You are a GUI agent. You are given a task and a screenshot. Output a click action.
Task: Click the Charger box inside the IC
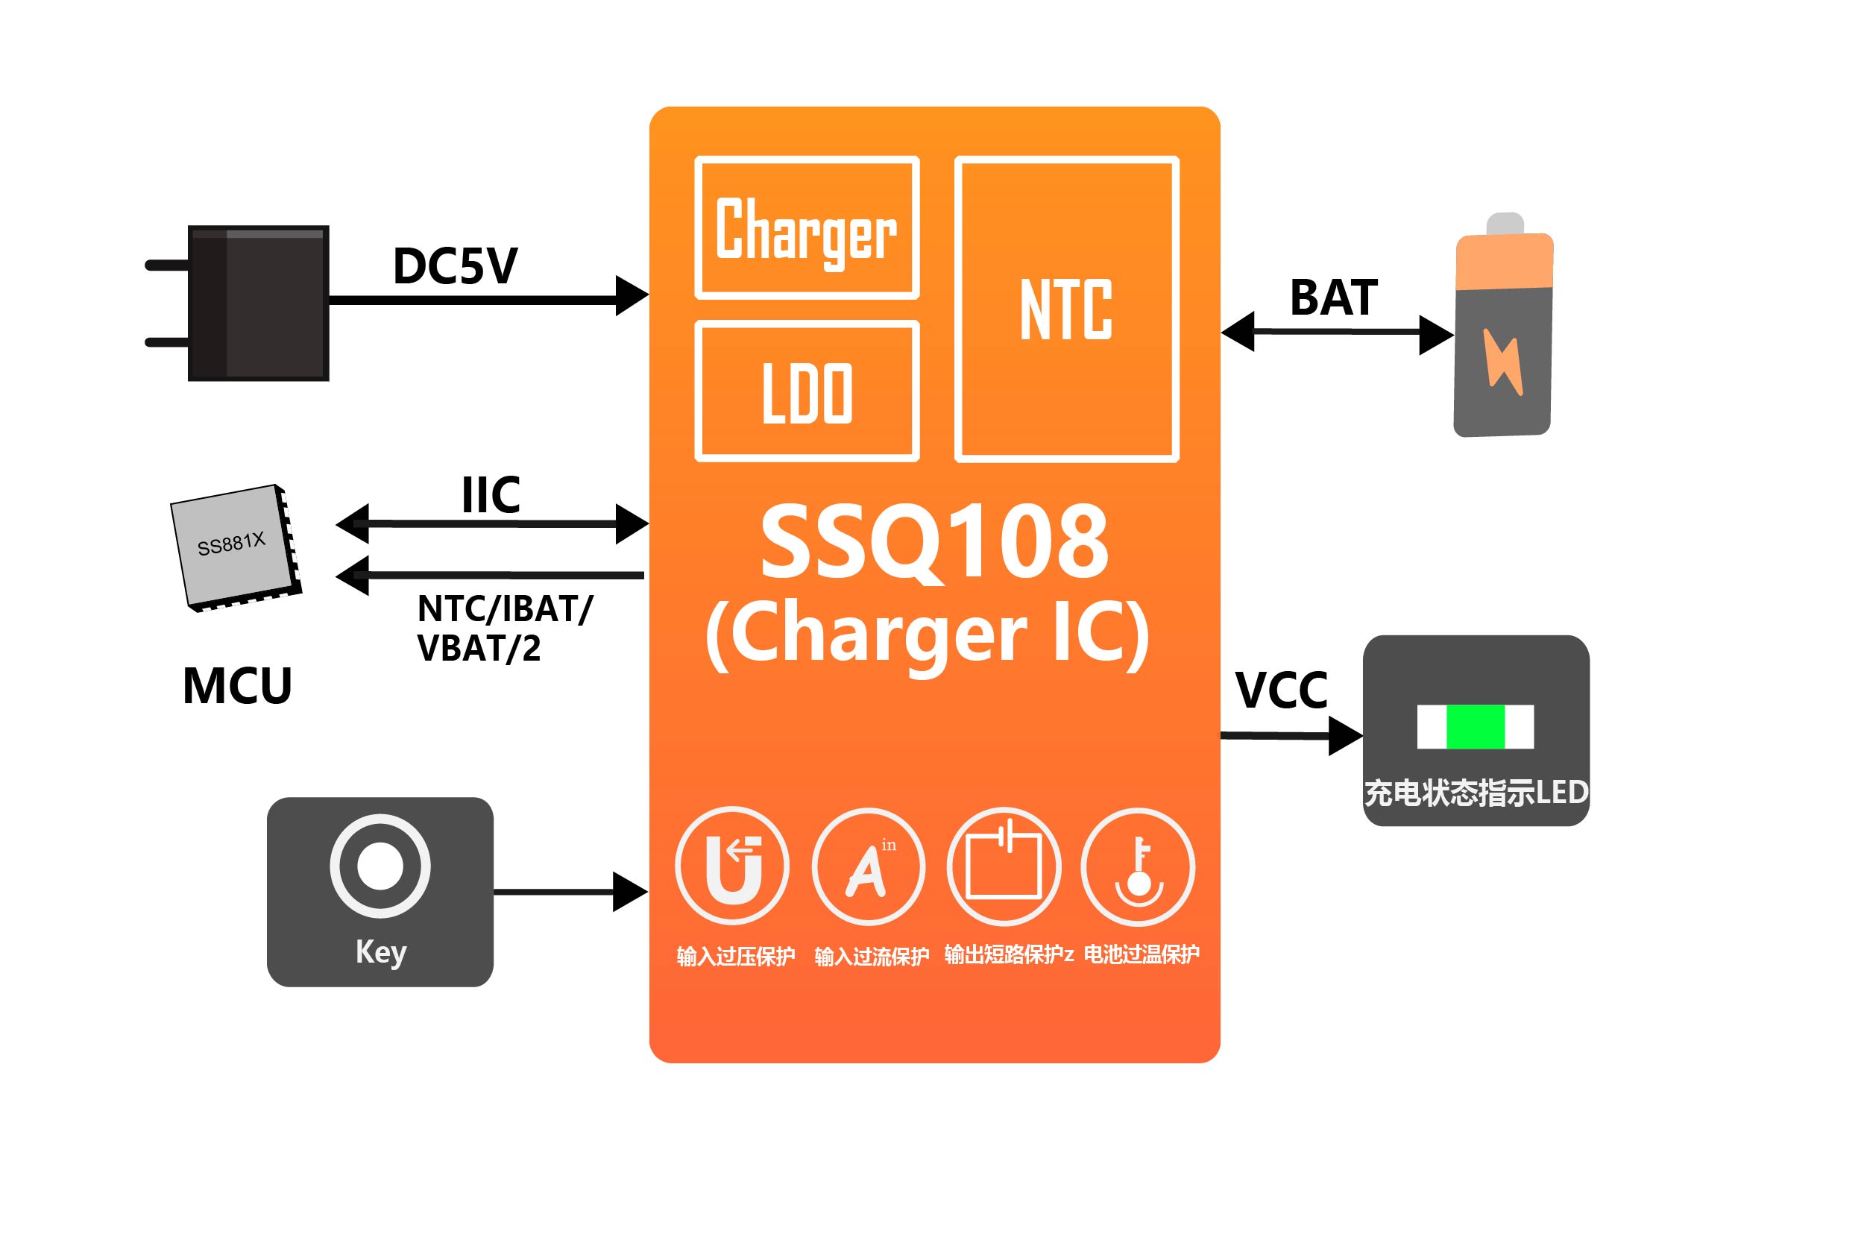807,228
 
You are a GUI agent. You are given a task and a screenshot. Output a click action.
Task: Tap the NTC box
1067,309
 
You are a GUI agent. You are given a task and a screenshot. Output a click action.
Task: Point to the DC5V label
455,266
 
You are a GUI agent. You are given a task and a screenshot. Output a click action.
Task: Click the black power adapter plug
257,303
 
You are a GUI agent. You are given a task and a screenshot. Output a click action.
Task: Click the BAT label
1334,298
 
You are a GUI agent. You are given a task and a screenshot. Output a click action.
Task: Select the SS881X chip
236,547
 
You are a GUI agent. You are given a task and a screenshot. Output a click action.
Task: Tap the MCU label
237,686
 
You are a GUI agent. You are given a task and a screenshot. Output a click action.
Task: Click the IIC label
491,495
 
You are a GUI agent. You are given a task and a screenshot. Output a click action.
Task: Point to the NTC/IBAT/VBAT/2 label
504,629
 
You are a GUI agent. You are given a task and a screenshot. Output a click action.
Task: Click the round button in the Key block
380,866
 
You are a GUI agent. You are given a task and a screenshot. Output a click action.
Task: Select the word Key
380,951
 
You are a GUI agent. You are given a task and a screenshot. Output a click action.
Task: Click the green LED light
1475,726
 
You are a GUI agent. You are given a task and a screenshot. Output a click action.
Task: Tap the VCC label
1281,690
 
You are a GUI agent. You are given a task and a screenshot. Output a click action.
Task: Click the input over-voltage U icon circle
732,866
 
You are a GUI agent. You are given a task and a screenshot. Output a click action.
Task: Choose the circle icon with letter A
869,866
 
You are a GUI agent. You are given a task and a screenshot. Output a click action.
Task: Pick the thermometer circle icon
1138,866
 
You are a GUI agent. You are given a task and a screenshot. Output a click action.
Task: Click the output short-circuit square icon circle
1004,866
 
